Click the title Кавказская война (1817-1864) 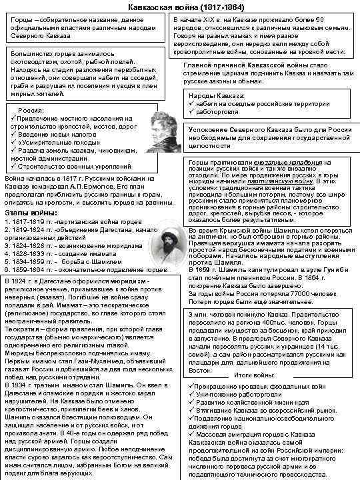coord(180,5)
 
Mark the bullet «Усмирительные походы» coord(49,143)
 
